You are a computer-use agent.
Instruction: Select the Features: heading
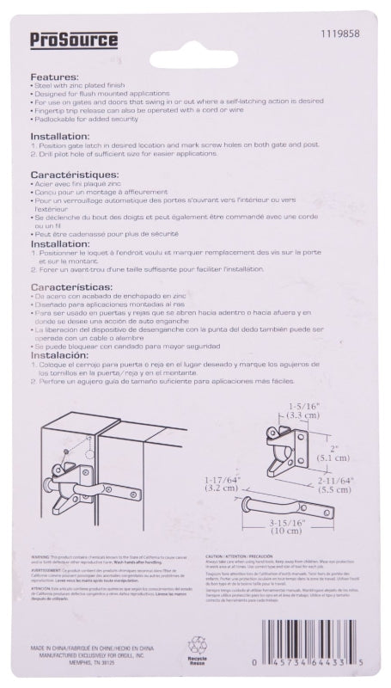coord(55,77)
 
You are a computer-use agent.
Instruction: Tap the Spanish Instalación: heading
coord(64,356)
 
